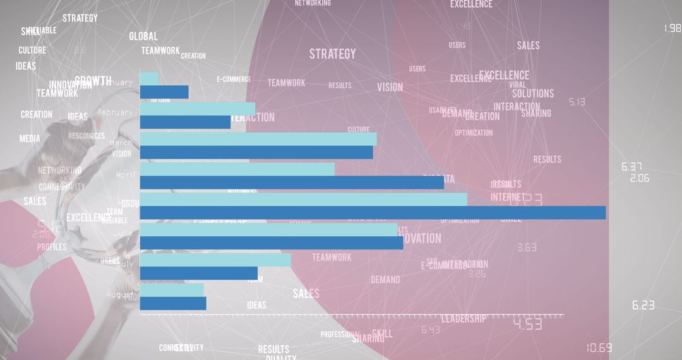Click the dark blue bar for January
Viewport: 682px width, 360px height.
pos(164,92)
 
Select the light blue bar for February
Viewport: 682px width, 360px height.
pos(198,109)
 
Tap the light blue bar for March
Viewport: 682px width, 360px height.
pos(258,139)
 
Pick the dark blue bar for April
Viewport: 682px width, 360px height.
pos(292,183)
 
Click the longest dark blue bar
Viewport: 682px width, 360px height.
pos(373,213)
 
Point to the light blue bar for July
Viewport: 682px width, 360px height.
pos(215,260)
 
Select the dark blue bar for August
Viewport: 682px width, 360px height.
pos(173,303)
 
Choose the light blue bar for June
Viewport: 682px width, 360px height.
pos(268,229)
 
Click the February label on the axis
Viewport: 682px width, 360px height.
pos(115,112)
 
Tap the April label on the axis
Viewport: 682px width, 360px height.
pos(126,174)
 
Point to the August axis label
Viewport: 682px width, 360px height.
pos(118,294)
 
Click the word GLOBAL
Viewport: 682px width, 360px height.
pos(143,37)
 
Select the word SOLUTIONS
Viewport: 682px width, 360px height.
pos(532,93)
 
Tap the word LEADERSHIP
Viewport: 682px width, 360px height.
pos(464,319)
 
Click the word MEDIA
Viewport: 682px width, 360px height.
pos(30,139)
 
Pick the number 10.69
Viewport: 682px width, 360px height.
pos(599,348)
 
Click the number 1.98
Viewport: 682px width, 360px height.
pos(673,28)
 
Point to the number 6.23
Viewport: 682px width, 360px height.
pos(643,306)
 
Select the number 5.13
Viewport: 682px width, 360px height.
pos(577,102)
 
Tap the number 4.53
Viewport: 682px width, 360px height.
pos(527,325)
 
